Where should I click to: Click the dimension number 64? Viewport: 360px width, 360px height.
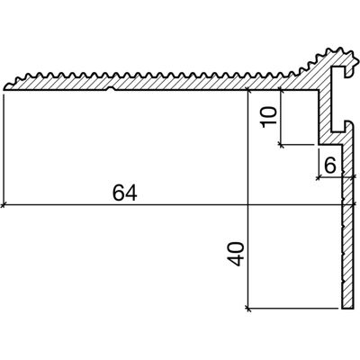click(125, 193)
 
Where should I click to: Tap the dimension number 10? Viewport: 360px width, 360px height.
click(268, 117)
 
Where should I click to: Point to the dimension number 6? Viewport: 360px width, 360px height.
click(330, 166)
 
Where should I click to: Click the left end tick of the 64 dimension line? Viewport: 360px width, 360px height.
click(4, 205)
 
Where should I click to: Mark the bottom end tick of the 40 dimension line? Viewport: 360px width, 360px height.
click(247, 308)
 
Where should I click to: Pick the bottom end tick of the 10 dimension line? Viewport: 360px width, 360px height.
click(281, 145)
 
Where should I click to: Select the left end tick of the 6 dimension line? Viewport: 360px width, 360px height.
click(319, 178)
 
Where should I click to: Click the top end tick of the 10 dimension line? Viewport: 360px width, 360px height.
click(281, 89)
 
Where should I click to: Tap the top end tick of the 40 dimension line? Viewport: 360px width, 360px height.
click(247, 89)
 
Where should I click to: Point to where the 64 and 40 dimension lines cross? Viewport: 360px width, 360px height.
click(247, 205)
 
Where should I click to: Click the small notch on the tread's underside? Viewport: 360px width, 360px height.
click(111, 88)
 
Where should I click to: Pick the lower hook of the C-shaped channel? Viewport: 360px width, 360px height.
click(349, 125)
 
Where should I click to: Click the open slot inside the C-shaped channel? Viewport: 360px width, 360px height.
click(337, 99)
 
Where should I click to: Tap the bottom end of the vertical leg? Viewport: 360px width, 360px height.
click(347, 307)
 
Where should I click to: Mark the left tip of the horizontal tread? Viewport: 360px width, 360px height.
click(4, 88)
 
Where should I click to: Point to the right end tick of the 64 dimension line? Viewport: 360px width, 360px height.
click(355, 205)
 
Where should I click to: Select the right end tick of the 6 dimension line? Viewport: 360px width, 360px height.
click(355, 178)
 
